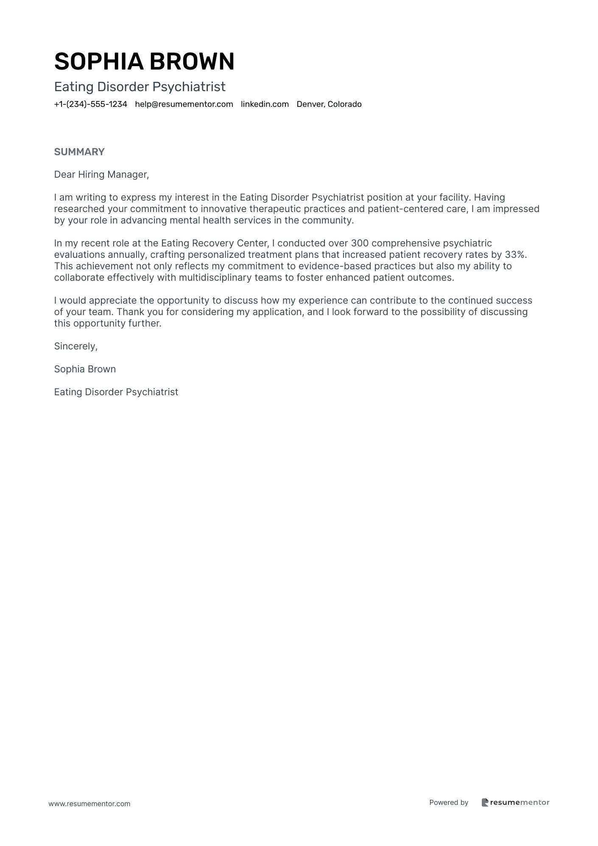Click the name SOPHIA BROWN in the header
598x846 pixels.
[144, 61]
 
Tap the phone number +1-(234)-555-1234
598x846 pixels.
[91, 104]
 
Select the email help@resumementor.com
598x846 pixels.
[184, 104]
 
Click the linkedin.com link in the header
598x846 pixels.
[265, 104]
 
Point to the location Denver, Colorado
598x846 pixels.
[329, 104]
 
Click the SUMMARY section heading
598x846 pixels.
[79, 152]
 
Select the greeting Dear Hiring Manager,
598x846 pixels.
[102, 174]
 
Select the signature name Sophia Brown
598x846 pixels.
[85, 369]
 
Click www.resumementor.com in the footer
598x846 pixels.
[89, 804]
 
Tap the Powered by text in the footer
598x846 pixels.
[449, 802]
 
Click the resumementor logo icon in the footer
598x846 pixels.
[485, 802]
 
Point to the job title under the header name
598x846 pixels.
[140, 87]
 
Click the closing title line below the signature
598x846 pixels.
[116, 392]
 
